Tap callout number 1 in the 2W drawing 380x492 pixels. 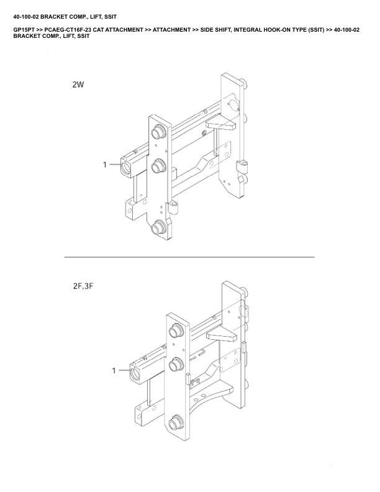click(106, 165)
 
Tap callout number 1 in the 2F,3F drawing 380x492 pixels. click(114, 371)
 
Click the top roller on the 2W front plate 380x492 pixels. click(159, 132)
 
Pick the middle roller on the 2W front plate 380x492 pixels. click(159, 165)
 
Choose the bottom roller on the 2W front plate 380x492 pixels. click(160, 227)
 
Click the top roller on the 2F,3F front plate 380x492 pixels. click(176, 330)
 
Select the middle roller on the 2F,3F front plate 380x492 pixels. click(176, 365)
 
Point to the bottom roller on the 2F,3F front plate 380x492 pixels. click(176, 422)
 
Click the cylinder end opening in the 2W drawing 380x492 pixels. click(127, 166)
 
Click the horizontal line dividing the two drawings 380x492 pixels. click(189, 257)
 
